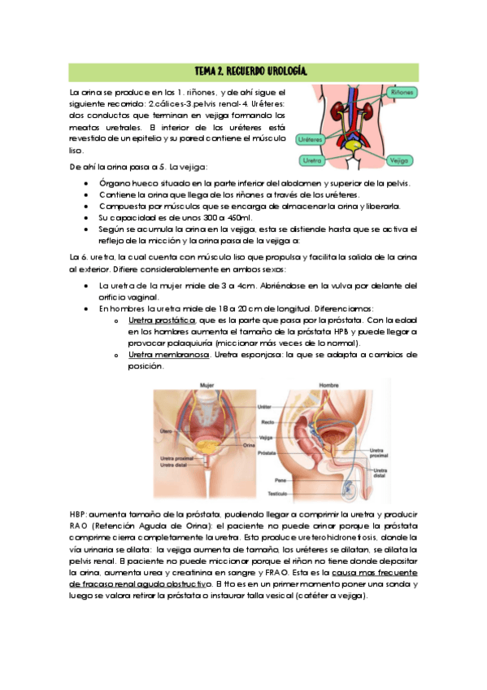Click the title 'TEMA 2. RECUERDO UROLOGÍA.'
(x=243, y=72)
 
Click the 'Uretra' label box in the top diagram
(x=308, y=160)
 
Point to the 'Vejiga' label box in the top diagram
(x=399, y=160)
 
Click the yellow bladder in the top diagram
(x=350, y=146)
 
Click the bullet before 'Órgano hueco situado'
(x=87, y=184)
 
